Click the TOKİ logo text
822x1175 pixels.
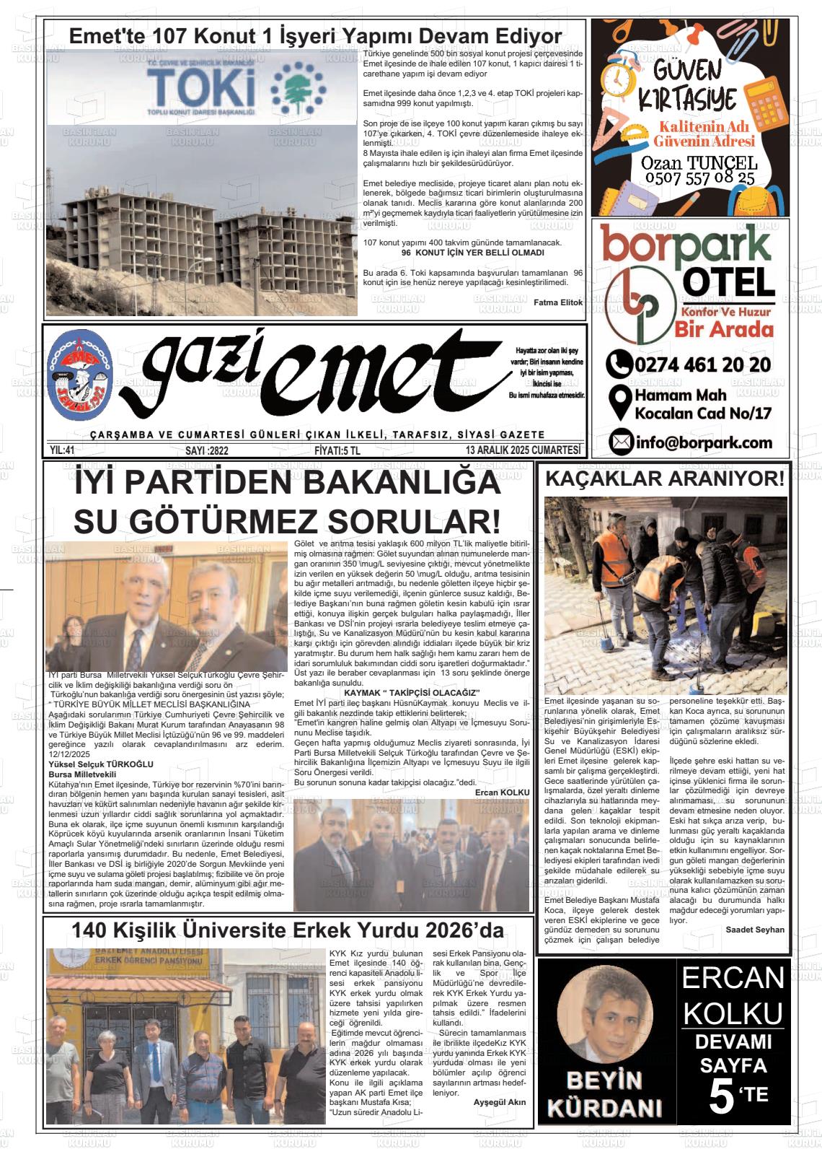tap(193, 88)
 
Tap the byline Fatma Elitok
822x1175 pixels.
tap(557, 302)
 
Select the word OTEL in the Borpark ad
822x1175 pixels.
tap(728, 281)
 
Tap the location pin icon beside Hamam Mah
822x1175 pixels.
tap(620, 403)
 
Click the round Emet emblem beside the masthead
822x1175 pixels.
tap(79, 375)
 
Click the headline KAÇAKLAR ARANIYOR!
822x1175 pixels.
tap(663, 478)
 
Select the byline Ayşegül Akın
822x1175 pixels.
tap(500, 1102)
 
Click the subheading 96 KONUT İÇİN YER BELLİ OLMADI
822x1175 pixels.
tap(472, 253)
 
